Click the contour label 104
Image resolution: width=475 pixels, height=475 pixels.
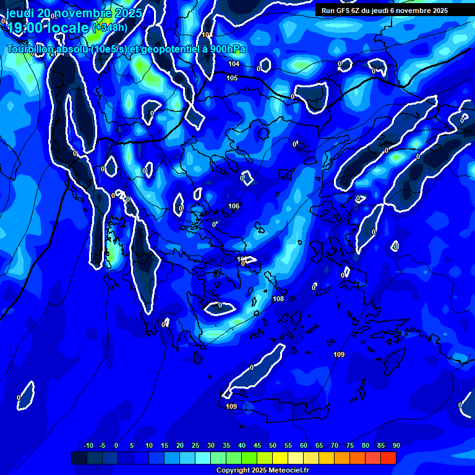(234, 64)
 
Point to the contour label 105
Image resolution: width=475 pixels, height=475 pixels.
(232, 78)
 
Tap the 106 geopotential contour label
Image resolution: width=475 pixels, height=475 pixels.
(234, 206)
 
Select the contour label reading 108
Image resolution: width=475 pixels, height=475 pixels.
(278, 299)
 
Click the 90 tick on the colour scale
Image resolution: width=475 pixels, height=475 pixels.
(396, 445)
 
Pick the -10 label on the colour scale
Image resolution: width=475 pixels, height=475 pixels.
(88, 445)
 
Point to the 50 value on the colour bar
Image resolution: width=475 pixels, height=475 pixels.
(273, 445)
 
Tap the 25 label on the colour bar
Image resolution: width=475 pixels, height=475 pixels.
(195, 445)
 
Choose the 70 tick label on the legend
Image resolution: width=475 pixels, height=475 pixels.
(335, 445)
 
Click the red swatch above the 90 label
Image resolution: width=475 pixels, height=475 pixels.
(388, 458)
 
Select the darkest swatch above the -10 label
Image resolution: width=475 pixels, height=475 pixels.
(79, 458)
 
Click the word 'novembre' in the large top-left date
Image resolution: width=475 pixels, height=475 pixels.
(84, 12)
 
